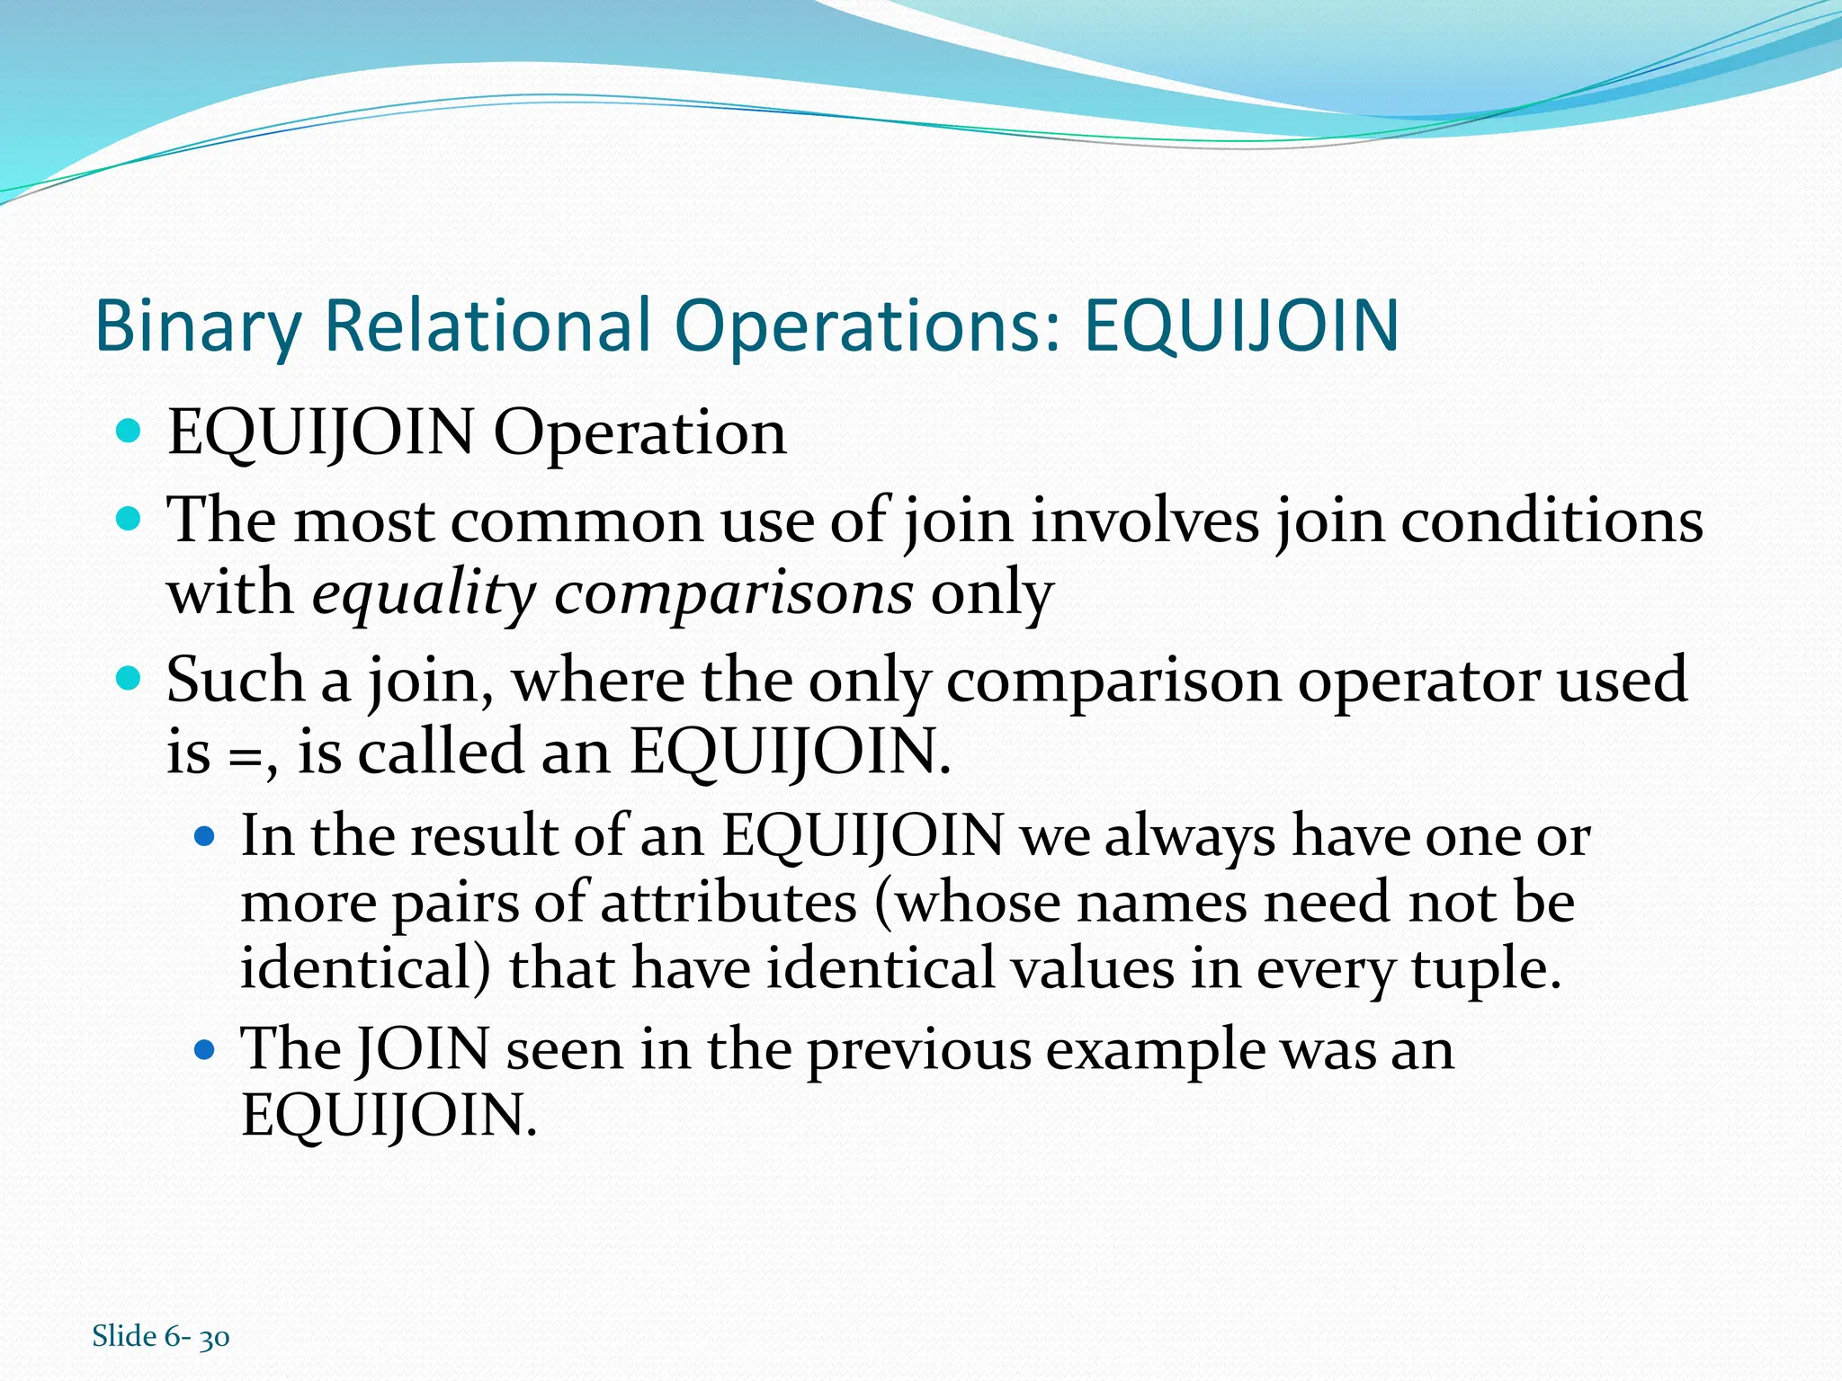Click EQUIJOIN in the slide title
(1241, 325)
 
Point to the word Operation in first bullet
(639, 433)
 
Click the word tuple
(1485, 969)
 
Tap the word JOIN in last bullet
(423, 1049)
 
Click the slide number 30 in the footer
(214, 1338)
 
